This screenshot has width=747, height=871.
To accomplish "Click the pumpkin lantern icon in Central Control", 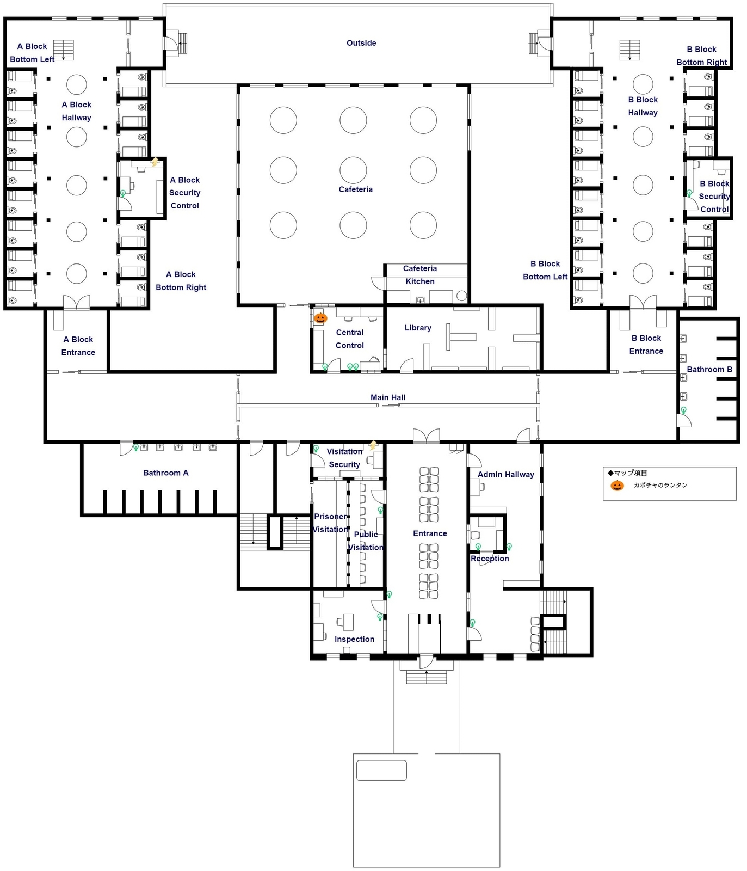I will coord(320,318).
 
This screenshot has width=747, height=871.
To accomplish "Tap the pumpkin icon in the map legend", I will coord(617,485).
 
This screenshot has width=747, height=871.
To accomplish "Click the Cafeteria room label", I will coord(355,189).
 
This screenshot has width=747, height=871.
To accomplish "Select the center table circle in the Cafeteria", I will coord(353,170).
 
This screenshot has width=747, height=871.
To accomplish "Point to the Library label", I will coord(418,328).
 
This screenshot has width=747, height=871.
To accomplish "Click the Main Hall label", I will coord(388,397).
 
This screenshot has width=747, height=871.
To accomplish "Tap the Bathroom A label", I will coord(165,473).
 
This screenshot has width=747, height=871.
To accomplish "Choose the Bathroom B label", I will coord(709,369).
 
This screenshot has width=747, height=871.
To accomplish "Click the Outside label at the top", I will coord(361,43).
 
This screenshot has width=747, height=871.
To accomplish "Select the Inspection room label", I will coord(354,639).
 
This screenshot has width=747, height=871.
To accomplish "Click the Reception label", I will coord(490,559).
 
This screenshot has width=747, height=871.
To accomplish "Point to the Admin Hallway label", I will coord(505,475).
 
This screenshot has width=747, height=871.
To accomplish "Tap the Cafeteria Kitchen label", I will coord(419,275).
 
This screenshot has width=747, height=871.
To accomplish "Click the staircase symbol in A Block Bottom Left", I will coord(64,50).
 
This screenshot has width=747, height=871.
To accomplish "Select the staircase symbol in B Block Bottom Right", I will coord(629,50).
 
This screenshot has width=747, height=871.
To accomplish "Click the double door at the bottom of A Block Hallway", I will coord(76,303).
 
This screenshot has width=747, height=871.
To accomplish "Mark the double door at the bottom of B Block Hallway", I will coord(643,302).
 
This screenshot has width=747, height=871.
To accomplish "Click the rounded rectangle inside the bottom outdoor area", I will coord(381,770).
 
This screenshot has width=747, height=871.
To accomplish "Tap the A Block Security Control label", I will coord(184,193).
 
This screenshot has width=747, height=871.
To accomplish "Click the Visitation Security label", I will coord(344,458).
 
